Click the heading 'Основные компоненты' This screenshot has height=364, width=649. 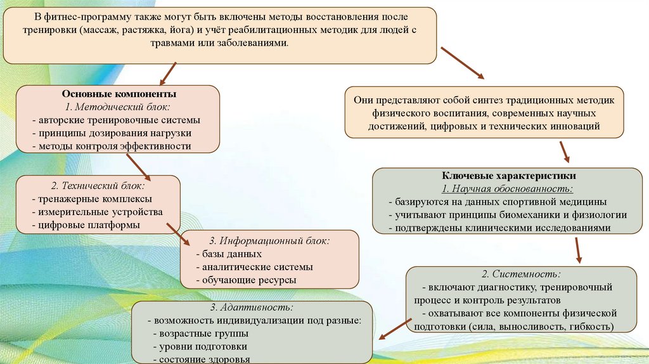click(x=118, y=94)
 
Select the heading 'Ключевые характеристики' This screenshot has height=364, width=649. click(x=504, y=176)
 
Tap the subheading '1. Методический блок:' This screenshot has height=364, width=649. click(x=118, y=107)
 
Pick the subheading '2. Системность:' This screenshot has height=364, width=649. click(x=522, y=274)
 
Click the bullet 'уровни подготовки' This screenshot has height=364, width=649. click(x=202, y=347)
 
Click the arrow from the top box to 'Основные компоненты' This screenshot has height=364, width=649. click(x=167, y=74)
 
